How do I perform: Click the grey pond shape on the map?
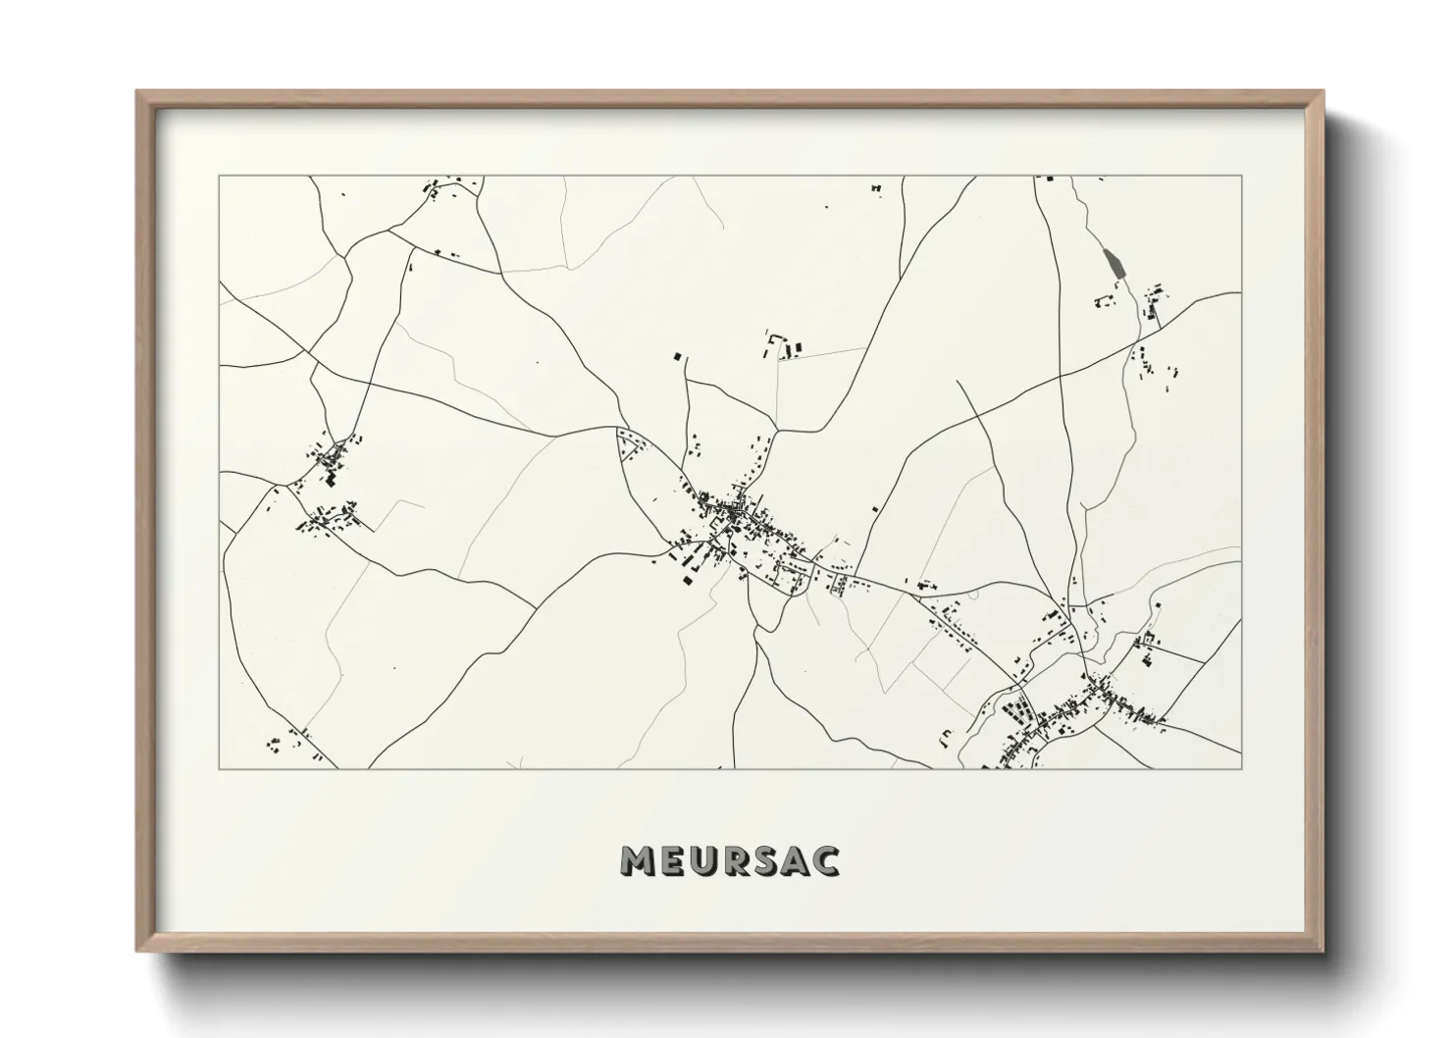(1113, 262)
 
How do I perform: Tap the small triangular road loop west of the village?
(629, 446)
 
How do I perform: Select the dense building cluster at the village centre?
(734, 511)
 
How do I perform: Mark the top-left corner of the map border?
(220, 177)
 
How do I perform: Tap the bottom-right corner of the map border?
(1241, 768)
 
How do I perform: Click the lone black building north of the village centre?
(676, 358)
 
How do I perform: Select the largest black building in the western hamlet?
(331, 480)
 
